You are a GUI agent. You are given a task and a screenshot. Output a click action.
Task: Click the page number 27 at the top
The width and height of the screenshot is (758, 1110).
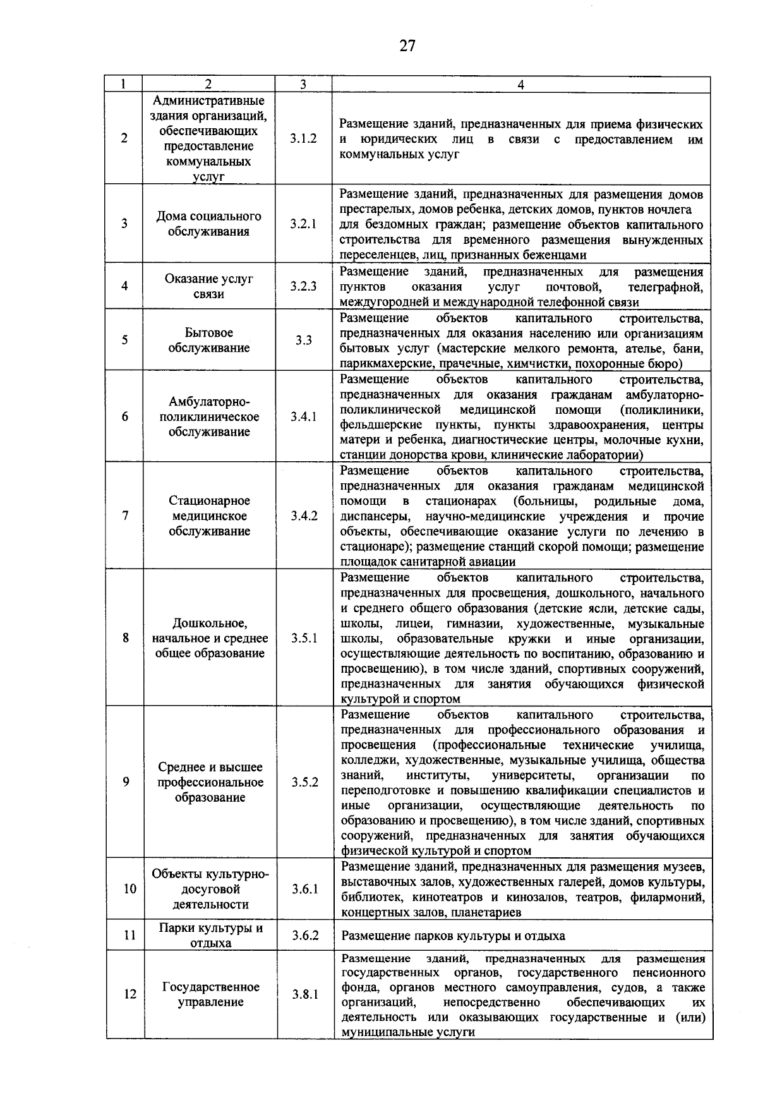[407, 45]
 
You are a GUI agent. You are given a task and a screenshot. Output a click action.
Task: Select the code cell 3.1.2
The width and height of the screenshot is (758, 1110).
[303, 139]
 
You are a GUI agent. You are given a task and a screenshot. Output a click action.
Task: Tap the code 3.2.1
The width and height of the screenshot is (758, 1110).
[303, 224]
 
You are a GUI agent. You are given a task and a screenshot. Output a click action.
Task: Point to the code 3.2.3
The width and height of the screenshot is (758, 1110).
[303, 286]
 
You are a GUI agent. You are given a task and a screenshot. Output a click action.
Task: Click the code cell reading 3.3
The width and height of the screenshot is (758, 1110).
[303, 340]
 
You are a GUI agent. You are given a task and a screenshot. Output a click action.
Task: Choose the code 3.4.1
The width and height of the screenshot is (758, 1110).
[303, 417]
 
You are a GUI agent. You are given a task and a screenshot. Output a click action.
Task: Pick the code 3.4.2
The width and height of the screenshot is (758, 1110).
[304, 516]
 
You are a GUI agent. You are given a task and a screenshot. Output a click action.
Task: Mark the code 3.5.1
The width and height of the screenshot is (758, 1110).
[304, 638]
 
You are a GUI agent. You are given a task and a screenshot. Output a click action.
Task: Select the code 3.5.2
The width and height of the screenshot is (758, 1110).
[304, 782]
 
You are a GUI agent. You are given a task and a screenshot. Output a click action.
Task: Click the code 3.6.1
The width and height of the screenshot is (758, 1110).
[304, 889]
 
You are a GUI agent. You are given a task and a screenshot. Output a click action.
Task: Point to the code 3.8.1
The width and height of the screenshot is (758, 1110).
[304, 994]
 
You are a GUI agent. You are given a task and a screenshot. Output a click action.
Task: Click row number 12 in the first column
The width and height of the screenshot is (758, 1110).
[129, 994]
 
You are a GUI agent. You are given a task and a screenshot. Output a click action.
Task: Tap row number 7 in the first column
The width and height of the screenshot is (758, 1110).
[126, 516]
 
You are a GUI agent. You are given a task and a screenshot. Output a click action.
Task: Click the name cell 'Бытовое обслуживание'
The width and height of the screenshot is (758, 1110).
[208, 340]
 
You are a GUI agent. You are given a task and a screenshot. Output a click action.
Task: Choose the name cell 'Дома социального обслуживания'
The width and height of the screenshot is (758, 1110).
[208, 224]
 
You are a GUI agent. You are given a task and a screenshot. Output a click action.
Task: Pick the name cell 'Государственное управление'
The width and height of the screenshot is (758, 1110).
[210, 994]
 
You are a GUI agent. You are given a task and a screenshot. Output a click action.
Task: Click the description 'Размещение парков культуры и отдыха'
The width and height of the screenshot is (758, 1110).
[453, 936]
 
